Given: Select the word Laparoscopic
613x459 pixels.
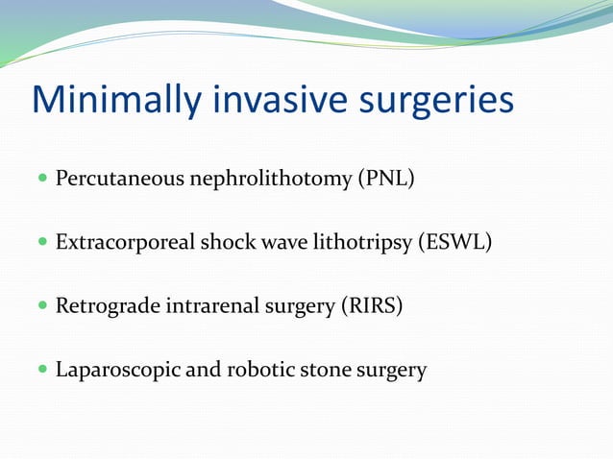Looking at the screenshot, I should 117,370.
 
